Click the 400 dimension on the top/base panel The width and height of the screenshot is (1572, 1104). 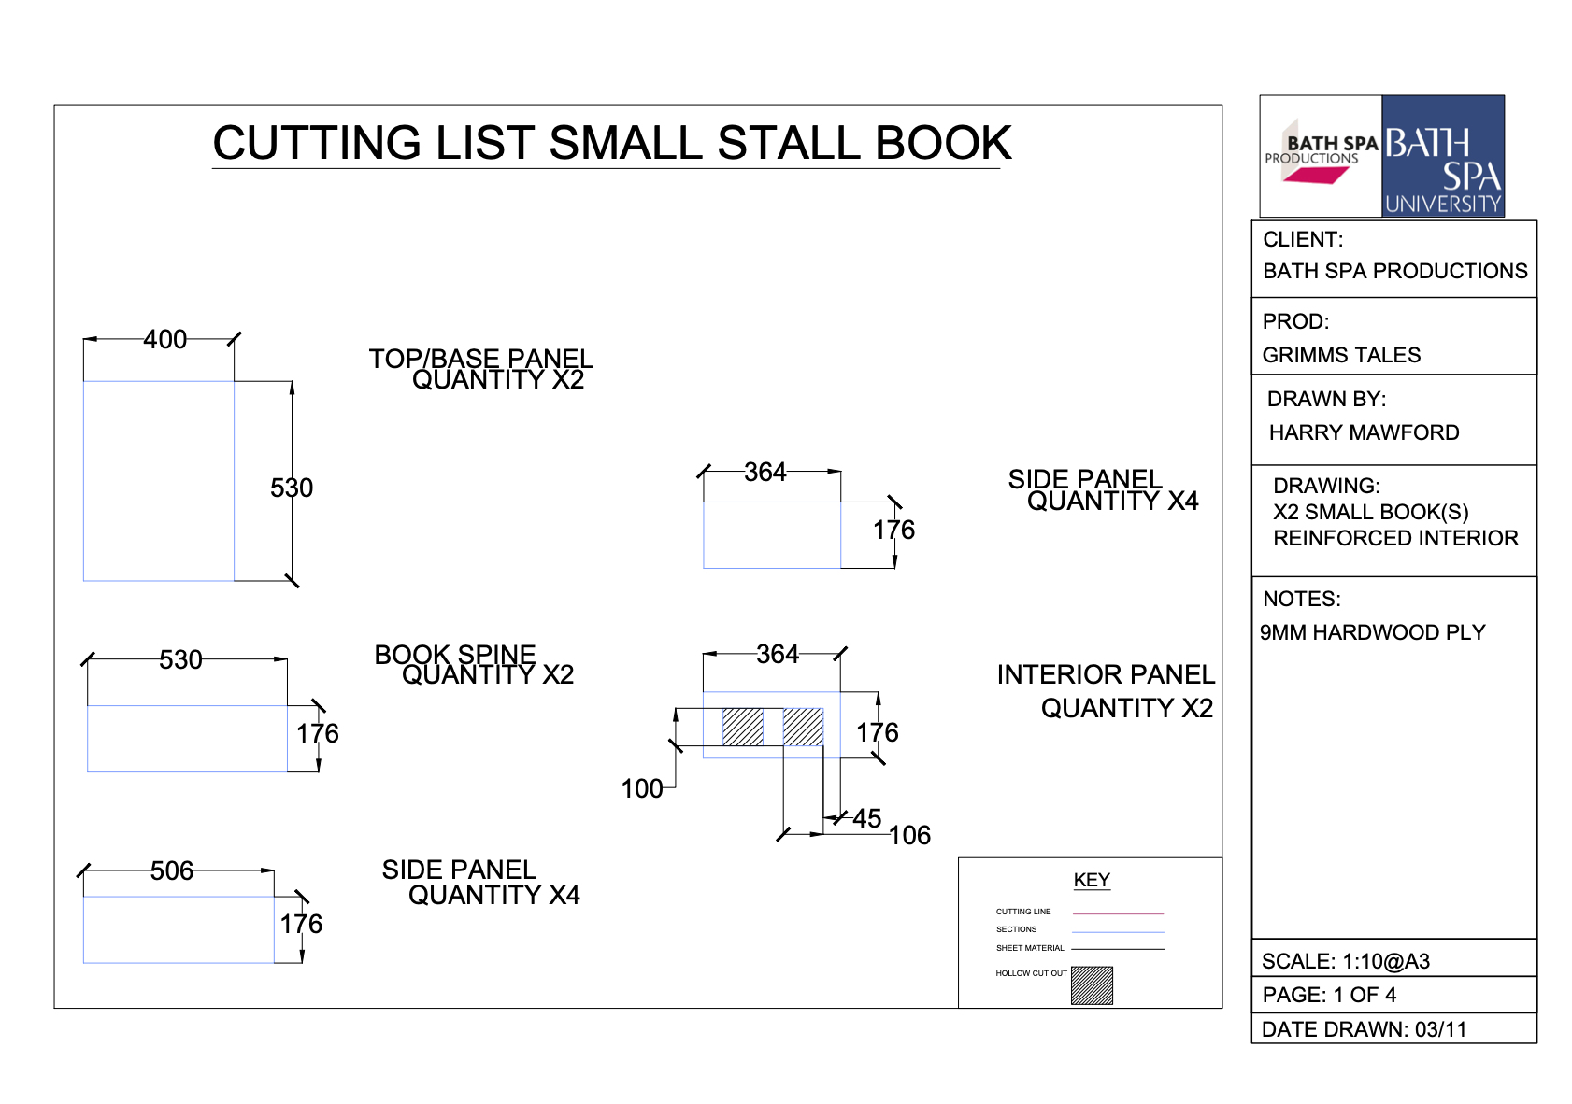coord(164,339)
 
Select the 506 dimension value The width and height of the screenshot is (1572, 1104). coord(172,871)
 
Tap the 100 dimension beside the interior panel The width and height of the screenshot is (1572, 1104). coord(641,789)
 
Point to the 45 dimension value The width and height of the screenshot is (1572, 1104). coord(867,818)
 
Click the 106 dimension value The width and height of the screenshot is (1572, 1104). coord(909,835)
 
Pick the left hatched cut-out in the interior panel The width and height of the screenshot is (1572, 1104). coord(743,728)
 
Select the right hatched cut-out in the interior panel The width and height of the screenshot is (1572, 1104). coord(804,728)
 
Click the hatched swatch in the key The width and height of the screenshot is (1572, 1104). coord(1092,985)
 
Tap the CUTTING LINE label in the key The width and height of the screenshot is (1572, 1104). coord(1023,912)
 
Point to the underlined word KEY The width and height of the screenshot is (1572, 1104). coord(1092,880)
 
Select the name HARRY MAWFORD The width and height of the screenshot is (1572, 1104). coord(1365,432)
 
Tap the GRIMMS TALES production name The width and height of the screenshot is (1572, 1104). coord(1342,355)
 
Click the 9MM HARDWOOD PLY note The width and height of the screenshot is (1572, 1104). coord(1373,632)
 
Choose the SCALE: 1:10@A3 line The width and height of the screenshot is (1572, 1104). coord(1346,961)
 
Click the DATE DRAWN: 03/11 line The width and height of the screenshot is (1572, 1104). coord(1365,1029)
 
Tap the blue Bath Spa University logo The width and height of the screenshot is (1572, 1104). coord(1443,156)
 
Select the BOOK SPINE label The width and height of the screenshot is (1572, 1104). coord(455,655)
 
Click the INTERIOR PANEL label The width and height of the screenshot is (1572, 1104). coord(1106,674)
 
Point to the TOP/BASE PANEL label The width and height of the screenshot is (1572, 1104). coord(481,359)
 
